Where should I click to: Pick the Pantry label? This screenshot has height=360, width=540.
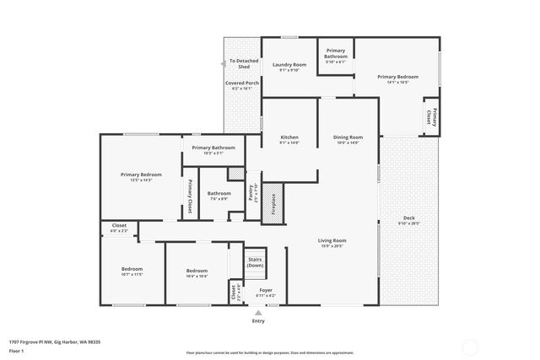[252, 193]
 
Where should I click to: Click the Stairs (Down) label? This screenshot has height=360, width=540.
[255, 262]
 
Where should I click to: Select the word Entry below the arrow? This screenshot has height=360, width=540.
[258, 321]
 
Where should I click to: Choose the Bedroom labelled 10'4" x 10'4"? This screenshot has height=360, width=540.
[197, 271]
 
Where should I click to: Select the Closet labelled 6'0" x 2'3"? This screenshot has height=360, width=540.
[119, 227]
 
